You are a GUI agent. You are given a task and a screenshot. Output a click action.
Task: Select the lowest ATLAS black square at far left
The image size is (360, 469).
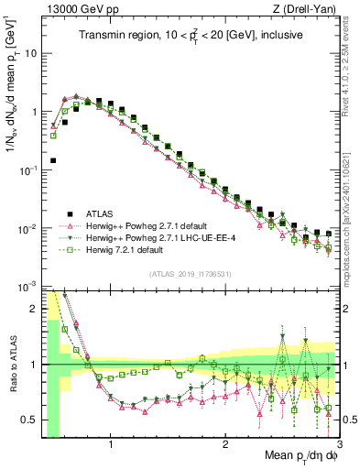click(53, 160)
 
